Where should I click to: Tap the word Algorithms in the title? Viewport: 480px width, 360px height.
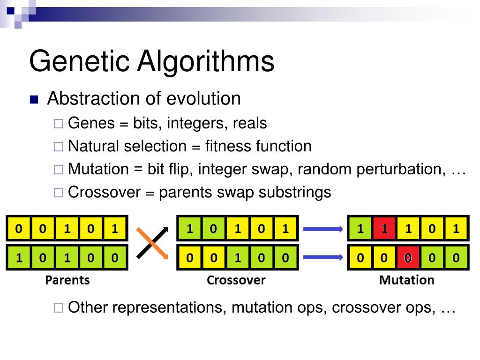(x=206, y=61)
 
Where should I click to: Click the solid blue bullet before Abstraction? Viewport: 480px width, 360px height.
(x=34, y=99)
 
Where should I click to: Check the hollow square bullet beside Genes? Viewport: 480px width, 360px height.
(x=58, y=124)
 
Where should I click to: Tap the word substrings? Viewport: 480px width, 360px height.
(x=294, y=193)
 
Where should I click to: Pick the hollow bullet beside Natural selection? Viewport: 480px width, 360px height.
(x=58, y=147)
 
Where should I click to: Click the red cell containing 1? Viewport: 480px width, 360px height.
(x=384, y=228)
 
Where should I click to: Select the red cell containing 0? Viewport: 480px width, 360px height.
(x=408, y=258)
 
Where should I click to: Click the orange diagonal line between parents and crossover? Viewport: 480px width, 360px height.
(x=152, y=243)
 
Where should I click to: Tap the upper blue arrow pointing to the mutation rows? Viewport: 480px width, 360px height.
(x=323, y=229)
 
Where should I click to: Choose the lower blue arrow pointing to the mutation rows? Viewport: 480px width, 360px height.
(x=323, y=257)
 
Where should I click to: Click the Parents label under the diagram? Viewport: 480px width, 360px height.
(x=67, y=280)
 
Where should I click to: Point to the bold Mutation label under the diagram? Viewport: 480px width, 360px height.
(x=406, y=280)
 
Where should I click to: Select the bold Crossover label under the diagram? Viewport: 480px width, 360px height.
(x=236, y=280)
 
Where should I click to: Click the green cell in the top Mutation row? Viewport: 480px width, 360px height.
(x=360, y=228)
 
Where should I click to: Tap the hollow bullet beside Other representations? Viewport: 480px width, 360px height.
(x=58, y=307)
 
